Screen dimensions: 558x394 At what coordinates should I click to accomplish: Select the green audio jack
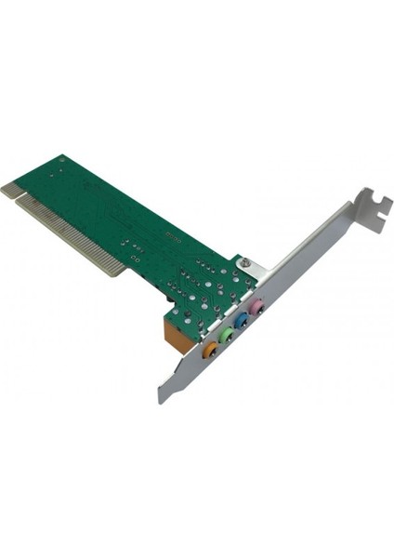pyautogui.click(x=226, y=334)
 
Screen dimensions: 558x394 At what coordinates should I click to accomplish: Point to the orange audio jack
pyautogui.click(x=210, y=350)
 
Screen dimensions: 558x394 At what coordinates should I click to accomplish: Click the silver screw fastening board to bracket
pyautogui.click(x=243, y=264)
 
